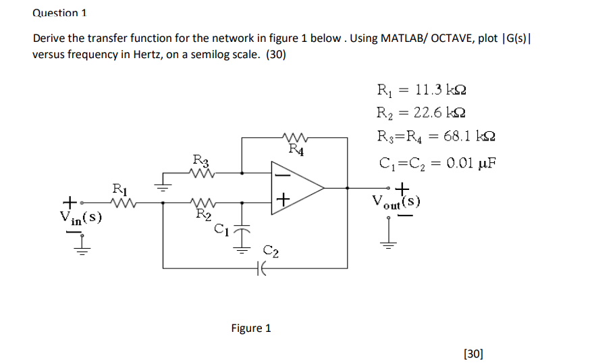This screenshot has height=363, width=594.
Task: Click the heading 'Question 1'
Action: pyautogui.click(x=59, y=13)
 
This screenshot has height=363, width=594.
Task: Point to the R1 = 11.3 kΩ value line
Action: pyautogui.click(x=421, y=88)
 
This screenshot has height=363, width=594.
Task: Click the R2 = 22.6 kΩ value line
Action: pyautogui.click(x=421, y=112)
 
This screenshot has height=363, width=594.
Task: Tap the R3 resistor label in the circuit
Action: pyautogui.click(x=201, y=160)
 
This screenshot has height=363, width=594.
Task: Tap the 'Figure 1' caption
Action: pyautogui.click(x=250, y=329)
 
